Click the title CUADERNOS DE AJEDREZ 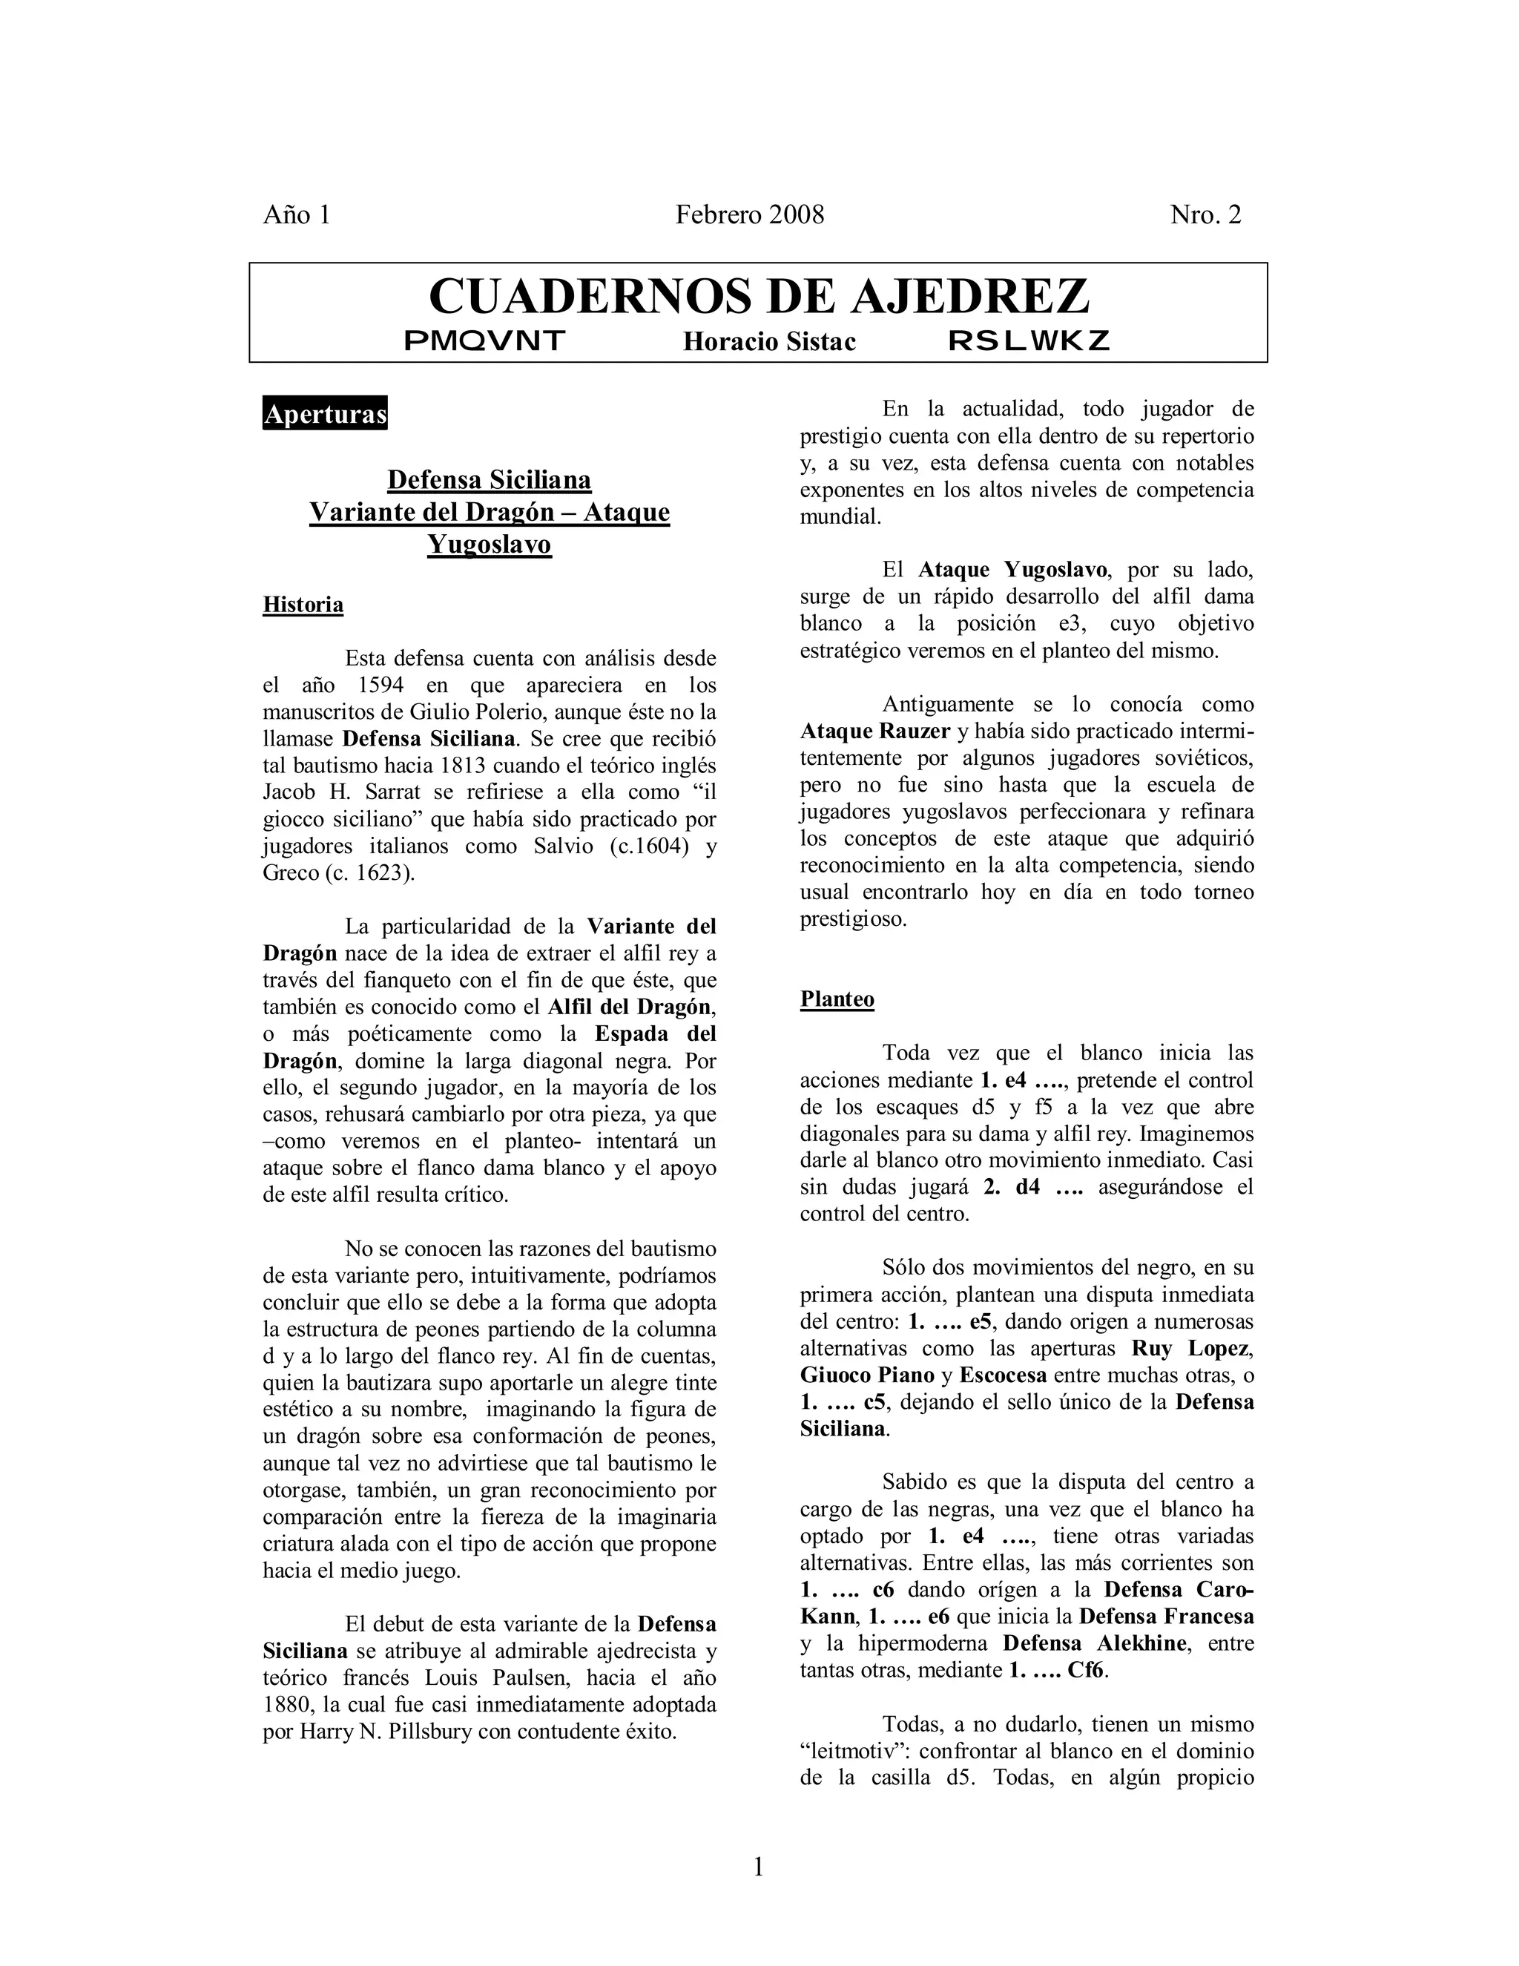point(759,296)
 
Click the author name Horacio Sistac point(768,342)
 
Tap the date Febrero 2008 point(750,215)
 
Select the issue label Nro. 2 point(1205,215)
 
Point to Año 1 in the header point(297,215)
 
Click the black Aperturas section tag point(325,413)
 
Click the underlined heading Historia point(303,605)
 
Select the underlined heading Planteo point(837,1000)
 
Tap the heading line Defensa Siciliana point(489,480)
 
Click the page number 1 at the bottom point(759,1868)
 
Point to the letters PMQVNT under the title point(484,341)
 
